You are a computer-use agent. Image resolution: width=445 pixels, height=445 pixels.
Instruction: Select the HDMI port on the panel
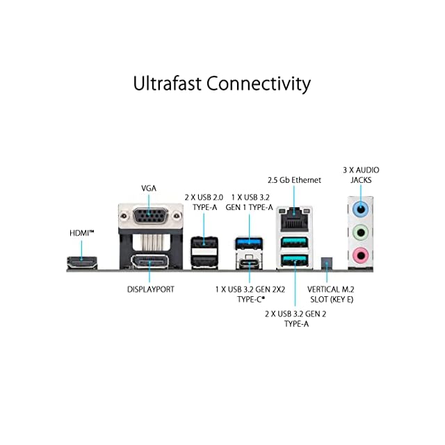click(81, 263)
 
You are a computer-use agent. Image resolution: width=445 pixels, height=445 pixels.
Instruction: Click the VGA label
click(149, 188)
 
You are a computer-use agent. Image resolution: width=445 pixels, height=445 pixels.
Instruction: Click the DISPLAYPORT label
click(150, 288)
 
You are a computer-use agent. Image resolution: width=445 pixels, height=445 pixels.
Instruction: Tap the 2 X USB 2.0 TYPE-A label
click(204, 202)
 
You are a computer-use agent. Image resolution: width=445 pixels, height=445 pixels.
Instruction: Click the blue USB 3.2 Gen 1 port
click(248, 243)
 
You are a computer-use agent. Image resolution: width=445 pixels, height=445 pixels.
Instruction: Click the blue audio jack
click(360, 208)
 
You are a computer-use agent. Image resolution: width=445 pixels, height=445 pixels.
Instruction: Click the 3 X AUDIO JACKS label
click(361, 175)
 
